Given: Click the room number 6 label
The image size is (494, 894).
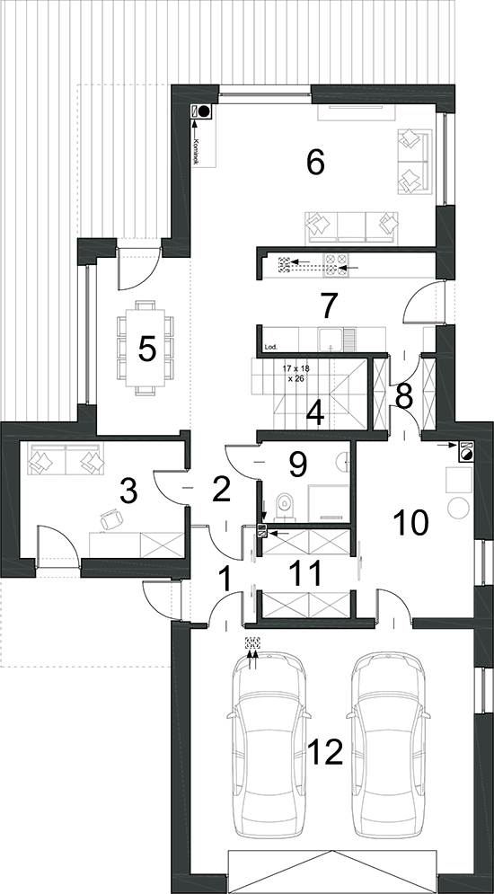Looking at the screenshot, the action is click(315, 163).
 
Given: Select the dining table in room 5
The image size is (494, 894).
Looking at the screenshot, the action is click(146, 348).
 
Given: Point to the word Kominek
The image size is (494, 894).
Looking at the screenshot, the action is click(196, 151).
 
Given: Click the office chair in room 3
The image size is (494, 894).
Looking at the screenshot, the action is click(111, 520).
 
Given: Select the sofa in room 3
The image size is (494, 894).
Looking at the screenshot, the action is click(66, 459).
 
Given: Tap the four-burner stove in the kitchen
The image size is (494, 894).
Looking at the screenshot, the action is click(336, 263).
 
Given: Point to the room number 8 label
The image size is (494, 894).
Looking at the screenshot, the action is click(404, 398).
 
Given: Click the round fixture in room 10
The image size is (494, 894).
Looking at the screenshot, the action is click(458, 508).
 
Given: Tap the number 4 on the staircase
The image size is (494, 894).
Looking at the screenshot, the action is click(315, 414).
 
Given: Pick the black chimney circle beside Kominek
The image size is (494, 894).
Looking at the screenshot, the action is click(206, 111).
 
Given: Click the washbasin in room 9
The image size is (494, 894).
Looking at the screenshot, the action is click(344, 461).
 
